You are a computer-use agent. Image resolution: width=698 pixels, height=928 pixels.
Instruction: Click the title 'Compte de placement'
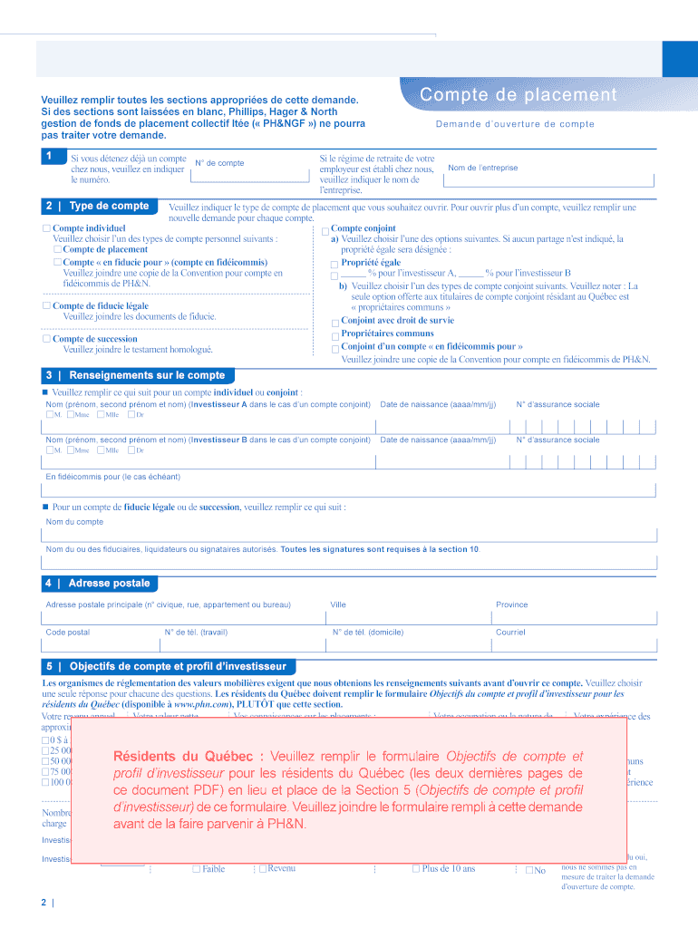coord(518,96)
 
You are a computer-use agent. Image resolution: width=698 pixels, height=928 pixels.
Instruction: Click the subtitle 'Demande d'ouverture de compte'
coord(515,124)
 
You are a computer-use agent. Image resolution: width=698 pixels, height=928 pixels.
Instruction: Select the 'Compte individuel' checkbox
coord(46,228)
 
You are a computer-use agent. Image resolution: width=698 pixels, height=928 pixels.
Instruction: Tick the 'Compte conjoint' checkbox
coord(325,231)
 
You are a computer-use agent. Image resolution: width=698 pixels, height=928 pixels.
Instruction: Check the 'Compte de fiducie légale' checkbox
coord(46,305)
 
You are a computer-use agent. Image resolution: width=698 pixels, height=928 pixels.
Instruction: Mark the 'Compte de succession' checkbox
coord(46,339)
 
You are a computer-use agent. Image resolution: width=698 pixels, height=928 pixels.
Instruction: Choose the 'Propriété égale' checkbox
coord(334,264)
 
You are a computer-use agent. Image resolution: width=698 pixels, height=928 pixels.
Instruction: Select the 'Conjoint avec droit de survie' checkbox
coord(334,322)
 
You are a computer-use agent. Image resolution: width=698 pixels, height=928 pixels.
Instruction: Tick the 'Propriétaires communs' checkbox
coord(334,335)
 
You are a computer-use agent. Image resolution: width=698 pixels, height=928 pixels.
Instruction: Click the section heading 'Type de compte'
coord(109,206)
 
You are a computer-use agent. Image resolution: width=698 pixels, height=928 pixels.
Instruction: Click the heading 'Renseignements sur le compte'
coord(147,375)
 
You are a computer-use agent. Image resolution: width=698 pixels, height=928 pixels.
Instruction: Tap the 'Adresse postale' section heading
coord(109,583)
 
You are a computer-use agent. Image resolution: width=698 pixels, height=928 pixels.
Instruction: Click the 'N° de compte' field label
coord(219,163)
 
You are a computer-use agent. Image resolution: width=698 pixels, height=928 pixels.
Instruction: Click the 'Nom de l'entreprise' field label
coord(482,168)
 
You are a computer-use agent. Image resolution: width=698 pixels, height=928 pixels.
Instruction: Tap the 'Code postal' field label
coord(68,632)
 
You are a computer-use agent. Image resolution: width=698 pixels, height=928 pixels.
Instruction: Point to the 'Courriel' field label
coord(510,632)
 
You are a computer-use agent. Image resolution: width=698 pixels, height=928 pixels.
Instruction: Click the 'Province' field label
coord(511,604)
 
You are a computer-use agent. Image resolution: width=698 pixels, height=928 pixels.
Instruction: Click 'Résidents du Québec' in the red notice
coord(189,756)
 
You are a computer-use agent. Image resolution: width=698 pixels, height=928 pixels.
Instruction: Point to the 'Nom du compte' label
coord(74,521)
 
